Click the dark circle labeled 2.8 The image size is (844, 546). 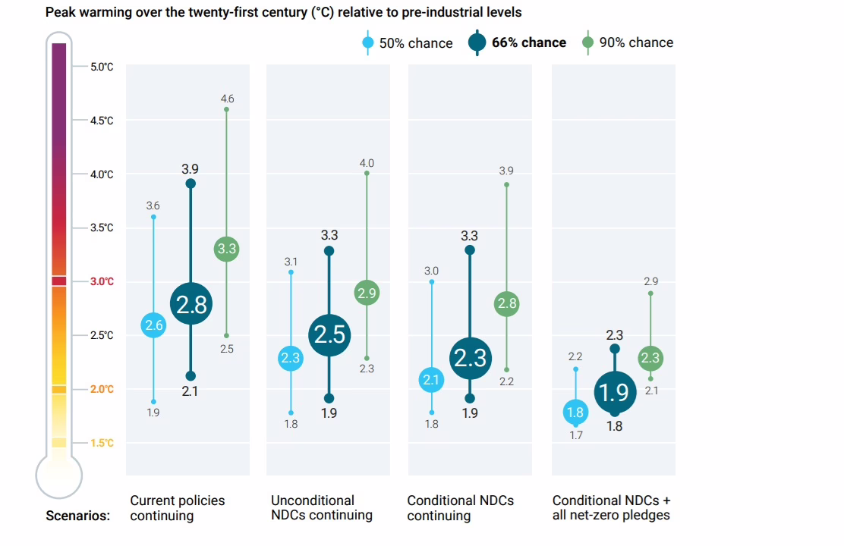coord(191,304)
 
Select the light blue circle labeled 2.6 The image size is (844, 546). coord(153,325)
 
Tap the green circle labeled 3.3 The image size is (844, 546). coord(226,248)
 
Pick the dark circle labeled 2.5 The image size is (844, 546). coord(329,334)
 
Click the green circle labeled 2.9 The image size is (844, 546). coord(367,293)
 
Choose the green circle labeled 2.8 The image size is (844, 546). coord(506,304)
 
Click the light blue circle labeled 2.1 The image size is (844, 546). coord(432,380)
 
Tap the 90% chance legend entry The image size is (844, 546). coord(628,43)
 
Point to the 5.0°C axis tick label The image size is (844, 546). coord(101,67)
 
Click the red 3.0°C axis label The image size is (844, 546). coord(101,281)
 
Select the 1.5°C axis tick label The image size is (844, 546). coord(101,443)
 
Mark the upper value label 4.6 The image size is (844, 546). coord(227,99)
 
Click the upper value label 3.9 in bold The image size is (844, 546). coord(191,168)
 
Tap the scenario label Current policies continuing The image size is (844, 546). coord(178,508)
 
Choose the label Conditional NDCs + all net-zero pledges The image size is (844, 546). coord(612,508)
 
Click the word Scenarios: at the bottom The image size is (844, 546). coord(77,516)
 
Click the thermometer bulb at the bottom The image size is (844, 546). coord(59,475)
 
